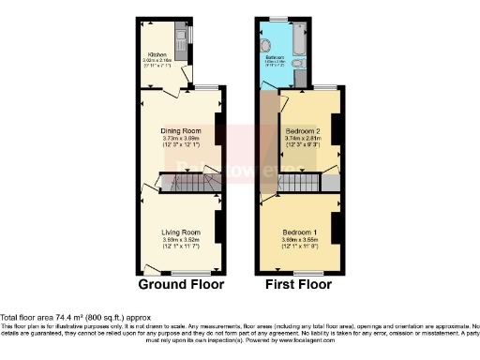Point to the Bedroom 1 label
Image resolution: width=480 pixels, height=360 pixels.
300,232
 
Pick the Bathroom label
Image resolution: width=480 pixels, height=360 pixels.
274,56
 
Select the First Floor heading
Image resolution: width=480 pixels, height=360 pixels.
298,284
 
